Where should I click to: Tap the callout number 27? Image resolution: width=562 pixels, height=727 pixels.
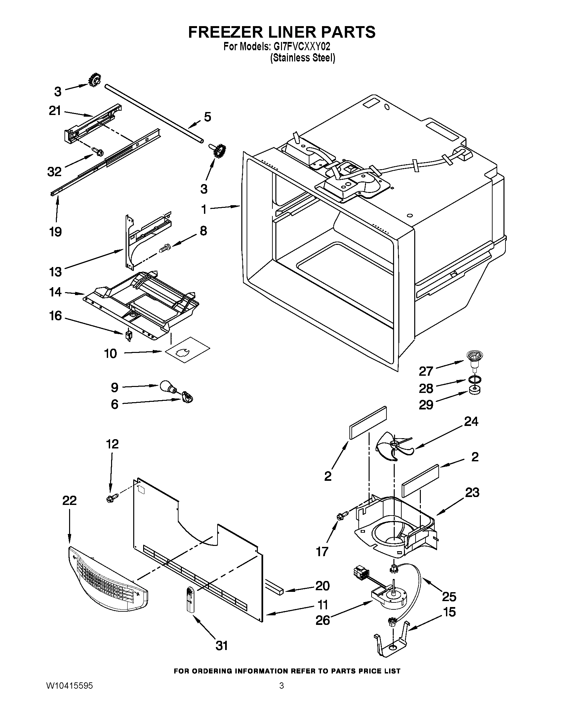426,371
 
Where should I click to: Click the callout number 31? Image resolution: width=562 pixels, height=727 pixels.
222,645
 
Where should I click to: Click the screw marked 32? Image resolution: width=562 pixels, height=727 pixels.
99,152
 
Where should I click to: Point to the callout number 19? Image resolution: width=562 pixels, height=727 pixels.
56,231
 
